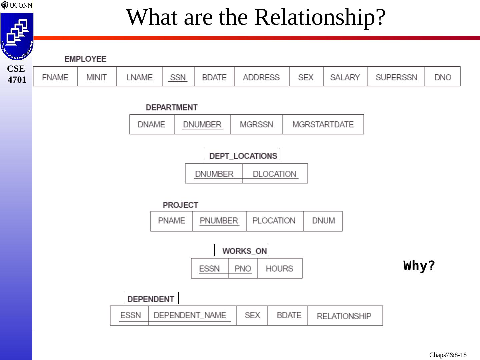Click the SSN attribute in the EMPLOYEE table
[178, 77]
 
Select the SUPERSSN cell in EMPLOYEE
[396, 77]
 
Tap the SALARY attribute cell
[345, 77]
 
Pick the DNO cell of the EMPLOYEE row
[442, 77]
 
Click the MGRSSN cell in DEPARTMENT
[256, 124]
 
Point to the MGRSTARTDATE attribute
[323, 124]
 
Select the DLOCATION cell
[274, 174]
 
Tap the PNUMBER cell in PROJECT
[219, 221]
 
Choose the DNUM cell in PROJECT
[323, 221]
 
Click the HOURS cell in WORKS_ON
[279, 268]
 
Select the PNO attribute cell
[243, 268]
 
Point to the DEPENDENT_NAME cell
[190, 315]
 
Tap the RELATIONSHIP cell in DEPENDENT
[344, 316]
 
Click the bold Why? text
[419, 266]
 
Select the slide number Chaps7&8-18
[448, 355]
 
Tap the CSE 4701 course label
[17, 74]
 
